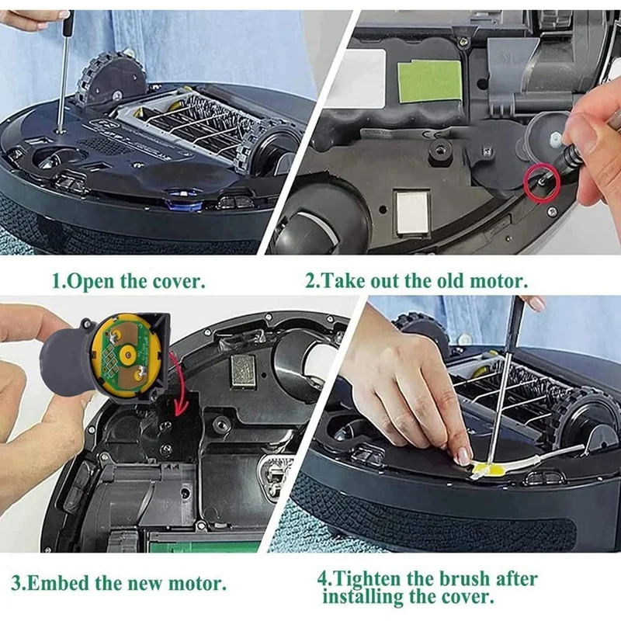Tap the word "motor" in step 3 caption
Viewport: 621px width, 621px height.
pos(199,581)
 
